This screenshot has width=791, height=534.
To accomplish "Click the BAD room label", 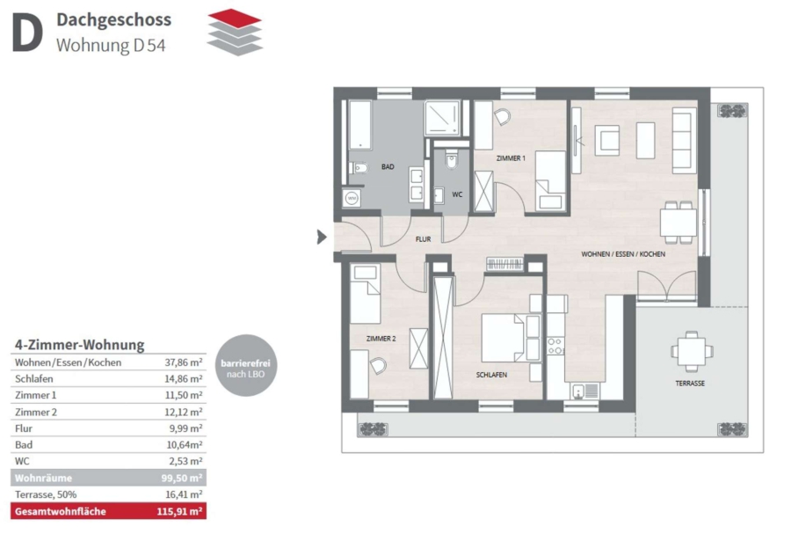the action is (x=388, y=166).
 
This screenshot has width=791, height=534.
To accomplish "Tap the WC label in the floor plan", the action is (x=457, y=194).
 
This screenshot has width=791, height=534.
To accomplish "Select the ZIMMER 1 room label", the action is (x=511, y=158).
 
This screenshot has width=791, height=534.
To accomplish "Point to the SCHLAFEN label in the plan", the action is (x=491, y=375).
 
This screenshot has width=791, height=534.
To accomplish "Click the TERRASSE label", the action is (x=690, y=383).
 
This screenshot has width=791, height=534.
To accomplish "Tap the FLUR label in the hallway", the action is (x=423, y=238).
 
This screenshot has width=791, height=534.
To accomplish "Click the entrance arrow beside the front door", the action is (x=322, y=237).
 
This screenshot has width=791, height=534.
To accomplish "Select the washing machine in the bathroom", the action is (x=352, y=198).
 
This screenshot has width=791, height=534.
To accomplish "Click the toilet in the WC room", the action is (x=452, y=159).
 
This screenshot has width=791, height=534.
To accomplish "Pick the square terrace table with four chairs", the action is (x=692, y=351).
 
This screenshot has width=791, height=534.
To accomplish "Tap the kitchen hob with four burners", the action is (x=555, y=347).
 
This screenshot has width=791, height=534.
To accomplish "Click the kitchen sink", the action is (x=585, y=391).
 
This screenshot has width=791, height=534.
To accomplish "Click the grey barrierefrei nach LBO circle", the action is (x=246, y=365).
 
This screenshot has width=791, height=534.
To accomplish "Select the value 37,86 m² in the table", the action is (x=184, y=362).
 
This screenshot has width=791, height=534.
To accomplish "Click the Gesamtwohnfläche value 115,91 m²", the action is (x=179, y=511).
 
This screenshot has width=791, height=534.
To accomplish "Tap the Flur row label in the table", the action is (x=24, y=428).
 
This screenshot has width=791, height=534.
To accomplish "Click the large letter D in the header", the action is (x=27, y=33).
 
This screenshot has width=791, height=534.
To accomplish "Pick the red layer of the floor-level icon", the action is (x=235, y=18).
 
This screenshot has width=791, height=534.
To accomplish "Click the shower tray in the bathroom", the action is (x=442, y=118).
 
